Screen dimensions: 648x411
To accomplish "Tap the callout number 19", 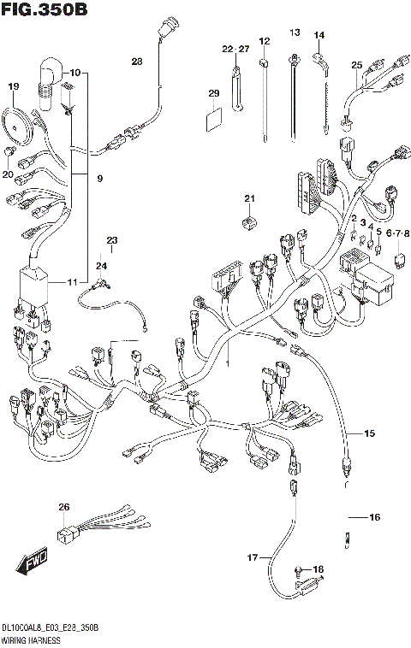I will click(x=14, y=86).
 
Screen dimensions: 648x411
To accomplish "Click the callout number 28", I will click(x=138, y=61).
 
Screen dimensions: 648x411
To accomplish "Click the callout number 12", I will click(x=264, y=41).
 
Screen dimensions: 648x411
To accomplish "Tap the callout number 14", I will click(x=319, y=35).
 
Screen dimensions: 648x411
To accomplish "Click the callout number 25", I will click(x=357, y=65).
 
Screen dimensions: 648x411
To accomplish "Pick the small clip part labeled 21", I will click(x=249, y=222).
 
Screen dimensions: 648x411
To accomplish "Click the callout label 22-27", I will click(x=235, y=50).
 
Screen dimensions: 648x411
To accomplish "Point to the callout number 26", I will click(x=63, y=508).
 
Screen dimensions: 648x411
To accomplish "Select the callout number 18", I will click(x=319, y=569).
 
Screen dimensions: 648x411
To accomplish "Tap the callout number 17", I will click(x=253, y=557).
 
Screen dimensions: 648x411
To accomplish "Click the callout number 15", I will click(x=369, y=434).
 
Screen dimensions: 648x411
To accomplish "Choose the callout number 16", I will click(x=373, y=517).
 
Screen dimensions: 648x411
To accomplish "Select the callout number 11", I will click(x=72, y=282).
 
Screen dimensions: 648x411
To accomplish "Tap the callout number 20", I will click(x=8, y=174).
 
